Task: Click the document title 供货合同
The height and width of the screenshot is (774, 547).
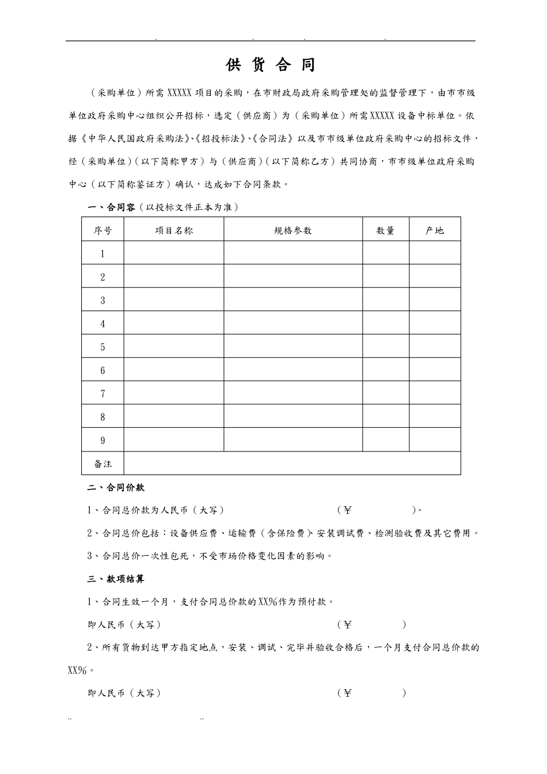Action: (271, 65)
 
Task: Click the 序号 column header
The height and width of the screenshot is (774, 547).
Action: (102, 230)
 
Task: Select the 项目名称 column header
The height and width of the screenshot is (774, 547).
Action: (174, 230)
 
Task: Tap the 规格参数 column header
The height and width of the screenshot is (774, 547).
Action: (293, 230)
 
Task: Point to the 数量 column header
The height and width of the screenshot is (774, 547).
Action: (386, 230)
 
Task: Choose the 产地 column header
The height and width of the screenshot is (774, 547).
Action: (435, 230)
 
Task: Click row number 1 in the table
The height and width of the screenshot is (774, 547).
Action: (102, 254)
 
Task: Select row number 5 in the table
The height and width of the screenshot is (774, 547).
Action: (102, 347)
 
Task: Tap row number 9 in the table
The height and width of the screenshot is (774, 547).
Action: (102, 441)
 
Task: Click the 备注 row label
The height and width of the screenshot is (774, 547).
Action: (103, 464)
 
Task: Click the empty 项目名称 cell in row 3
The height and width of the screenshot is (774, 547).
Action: (174, 300)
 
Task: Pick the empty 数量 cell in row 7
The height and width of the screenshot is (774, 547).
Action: (386, 394)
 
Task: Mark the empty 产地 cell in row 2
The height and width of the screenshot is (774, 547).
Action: (435, 277)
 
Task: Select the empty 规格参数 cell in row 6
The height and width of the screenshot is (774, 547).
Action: (293, 370)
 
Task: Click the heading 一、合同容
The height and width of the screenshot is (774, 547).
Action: (112, 207)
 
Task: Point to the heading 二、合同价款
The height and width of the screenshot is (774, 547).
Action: (116, 487)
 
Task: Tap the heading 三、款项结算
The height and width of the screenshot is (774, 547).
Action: (116, 579)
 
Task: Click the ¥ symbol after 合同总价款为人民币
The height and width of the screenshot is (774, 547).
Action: (347, 510)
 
